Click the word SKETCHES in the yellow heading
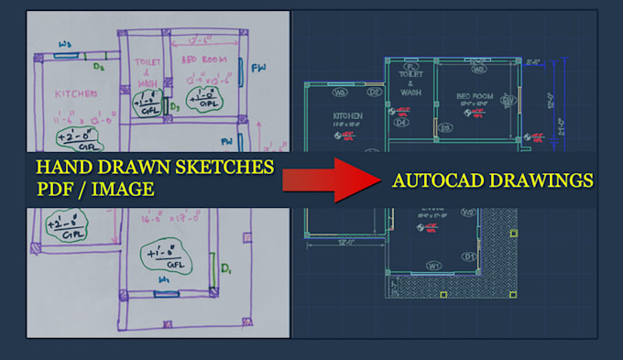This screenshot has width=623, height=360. pos(225,168)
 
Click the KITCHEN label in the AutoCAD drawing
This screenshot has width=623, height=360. pos(348,115)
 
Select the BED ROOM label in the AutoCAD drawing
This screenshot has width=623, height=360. pos(475,95)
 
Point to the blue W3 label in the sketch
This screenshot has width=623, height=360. pos(66,44)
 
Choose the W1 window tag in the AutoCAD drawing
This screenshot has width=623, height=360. pos(434,266)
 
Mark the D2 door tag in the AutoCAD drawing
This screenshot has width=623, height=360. pos(374,92)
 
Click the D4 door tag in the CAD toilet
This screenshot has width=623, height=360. pos(400,122)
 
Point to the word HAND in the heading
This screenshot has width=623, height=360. pos(63,168)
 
